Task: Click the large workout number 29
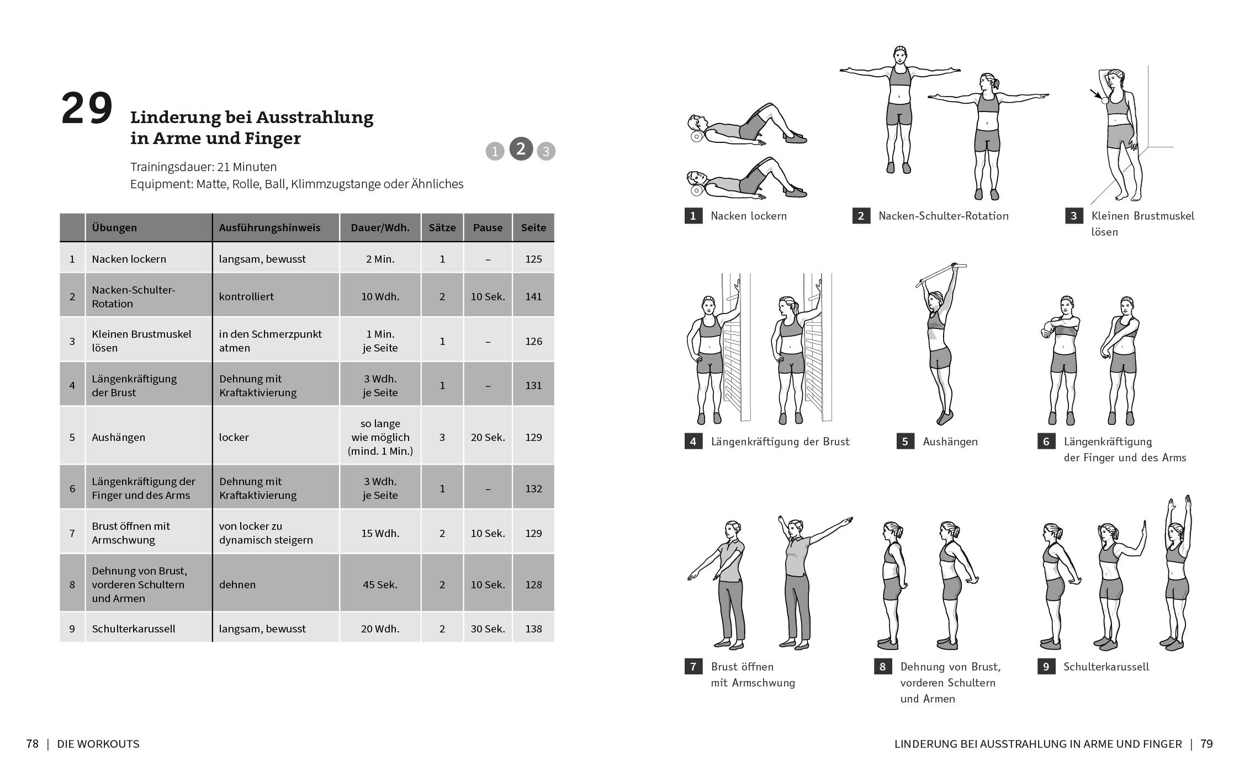click(87, 109)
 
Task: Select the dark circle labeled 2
click(521, 149)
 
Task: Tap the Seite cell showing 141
click(533, 296)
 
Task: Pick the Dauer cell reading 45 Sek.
click(380, 584)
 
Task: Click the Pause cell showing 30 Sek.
click(488, 629)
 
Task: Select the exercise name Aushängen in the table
click(118, 437)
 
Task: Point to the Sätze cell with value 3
click(442, 437)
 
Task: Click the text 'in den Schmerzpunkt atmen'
click(270, 341)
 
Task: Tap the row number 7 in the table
click(72, 533)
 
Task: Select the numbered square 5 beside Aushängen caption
click(905, 441)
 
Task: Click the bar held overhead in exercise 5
click(941, 274)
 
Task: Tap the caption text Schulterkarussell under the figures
click(1106, 667)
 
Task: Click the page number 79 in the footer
click(1206, 744)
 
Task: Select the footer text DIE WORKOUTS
click(98, 744)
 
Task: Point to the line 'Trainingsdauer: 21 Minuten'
click(203, 167)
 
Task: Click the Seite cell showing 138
click(533, 629)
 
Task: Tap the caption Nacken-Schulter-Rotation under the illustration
click(943, 216)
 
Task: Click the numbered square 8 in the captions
click(882, 667)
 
